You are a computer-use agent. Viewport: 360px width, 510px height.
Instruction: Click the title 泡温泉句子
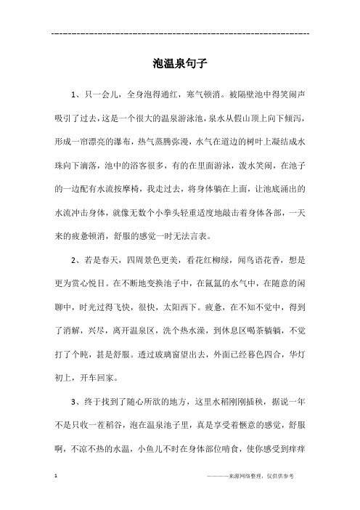click(180, 63)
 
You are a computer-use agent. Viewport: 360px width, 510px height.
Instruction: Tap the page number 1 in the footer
click(57, 495)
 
